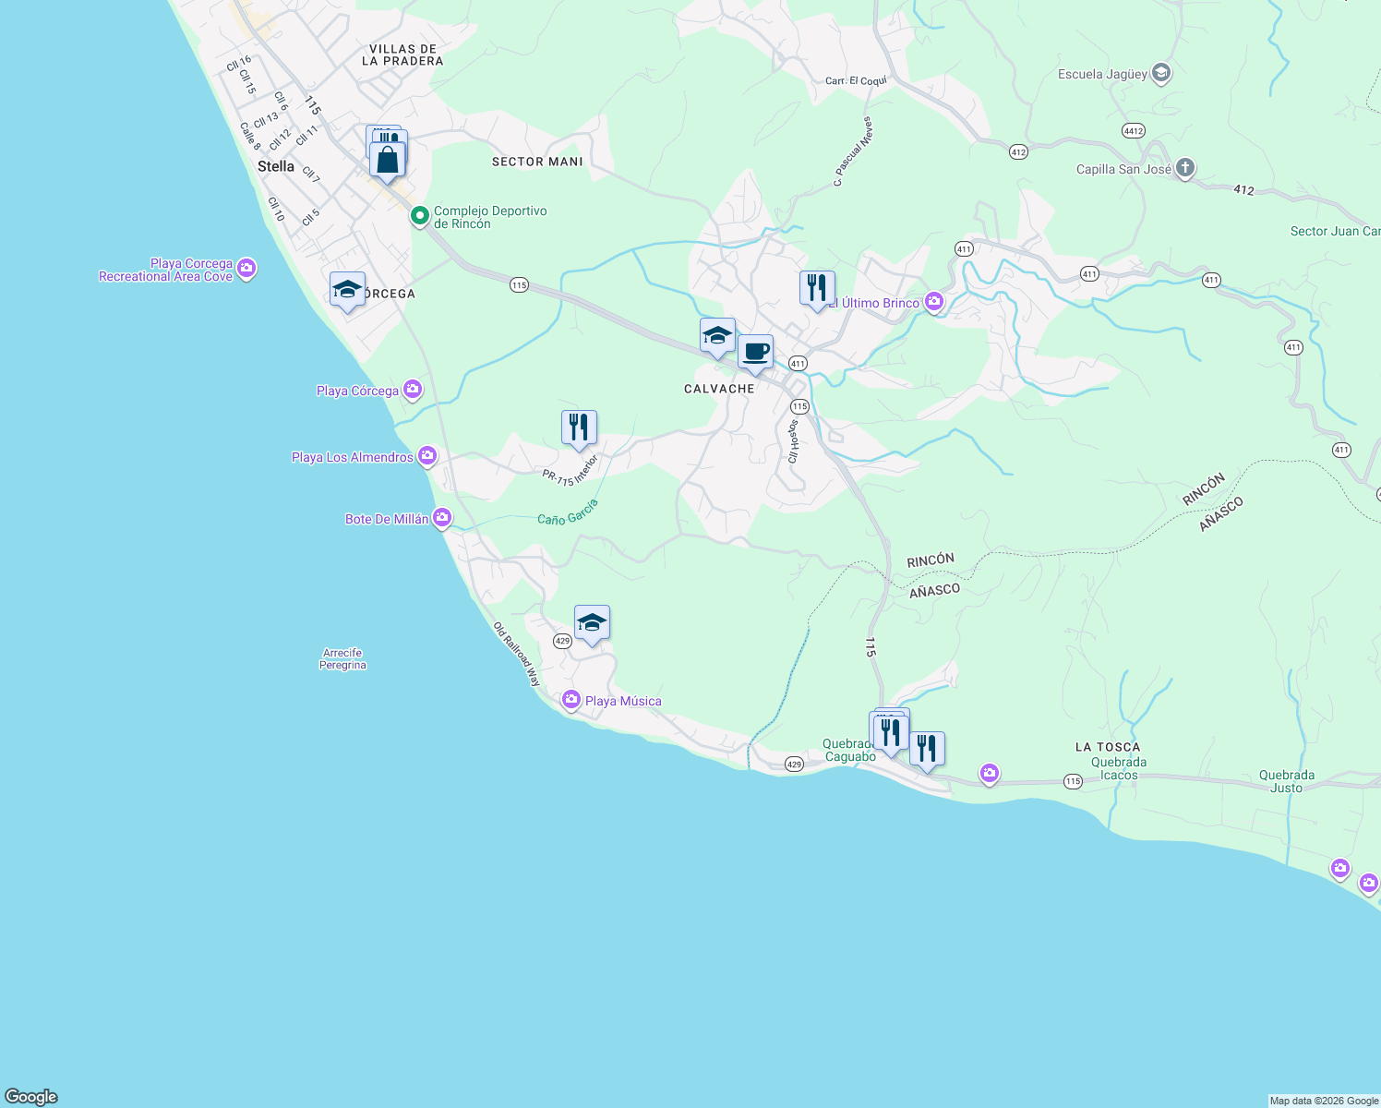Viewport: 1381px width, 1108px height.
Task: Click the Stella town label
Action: coord(276,166)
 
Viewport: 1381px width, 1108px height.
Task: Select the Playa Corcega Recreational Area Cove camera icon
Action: coord(246,269)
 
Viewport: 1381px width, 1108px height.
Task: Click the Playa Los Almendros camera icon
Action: coord(426,455)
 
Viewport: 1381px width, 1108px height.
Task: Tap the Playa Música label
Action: coord(623,701)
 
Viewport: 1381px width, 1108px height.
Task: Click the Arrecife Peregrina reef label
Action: coord(342,658)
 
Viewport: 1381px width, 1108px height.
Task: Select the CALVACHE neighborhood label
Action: coord(719,389)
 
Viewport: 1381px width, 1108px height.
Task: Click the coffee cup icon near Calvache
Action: coord(755,352)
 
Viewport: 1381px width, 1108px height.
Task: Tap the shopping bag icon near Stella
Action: coord(388,160)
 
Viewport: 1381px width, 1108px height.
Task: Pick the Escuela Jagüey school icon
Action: coord(1161,73)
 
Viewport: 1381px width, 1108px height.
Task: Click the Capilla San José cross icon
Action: coord(1185,168)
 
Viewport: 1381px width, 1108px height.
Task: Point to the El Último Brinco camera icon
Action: coord(934,302)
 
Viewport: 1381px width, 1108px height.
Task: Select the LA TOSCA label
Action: coord(1107,747)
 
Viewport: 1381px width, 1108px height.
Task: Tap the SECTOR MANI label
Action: coord(537,162)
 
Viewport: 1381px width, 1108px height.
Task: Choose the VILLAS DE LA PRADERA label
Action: coord(402,54)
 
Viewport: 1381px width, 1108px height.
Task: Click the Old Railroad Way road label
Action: coord(517,654)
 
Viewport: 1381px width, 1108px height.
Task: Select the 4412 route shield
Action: coord(1134,131)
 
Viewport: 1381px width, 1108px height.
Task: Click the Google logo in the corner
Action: coord(31,1097)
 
